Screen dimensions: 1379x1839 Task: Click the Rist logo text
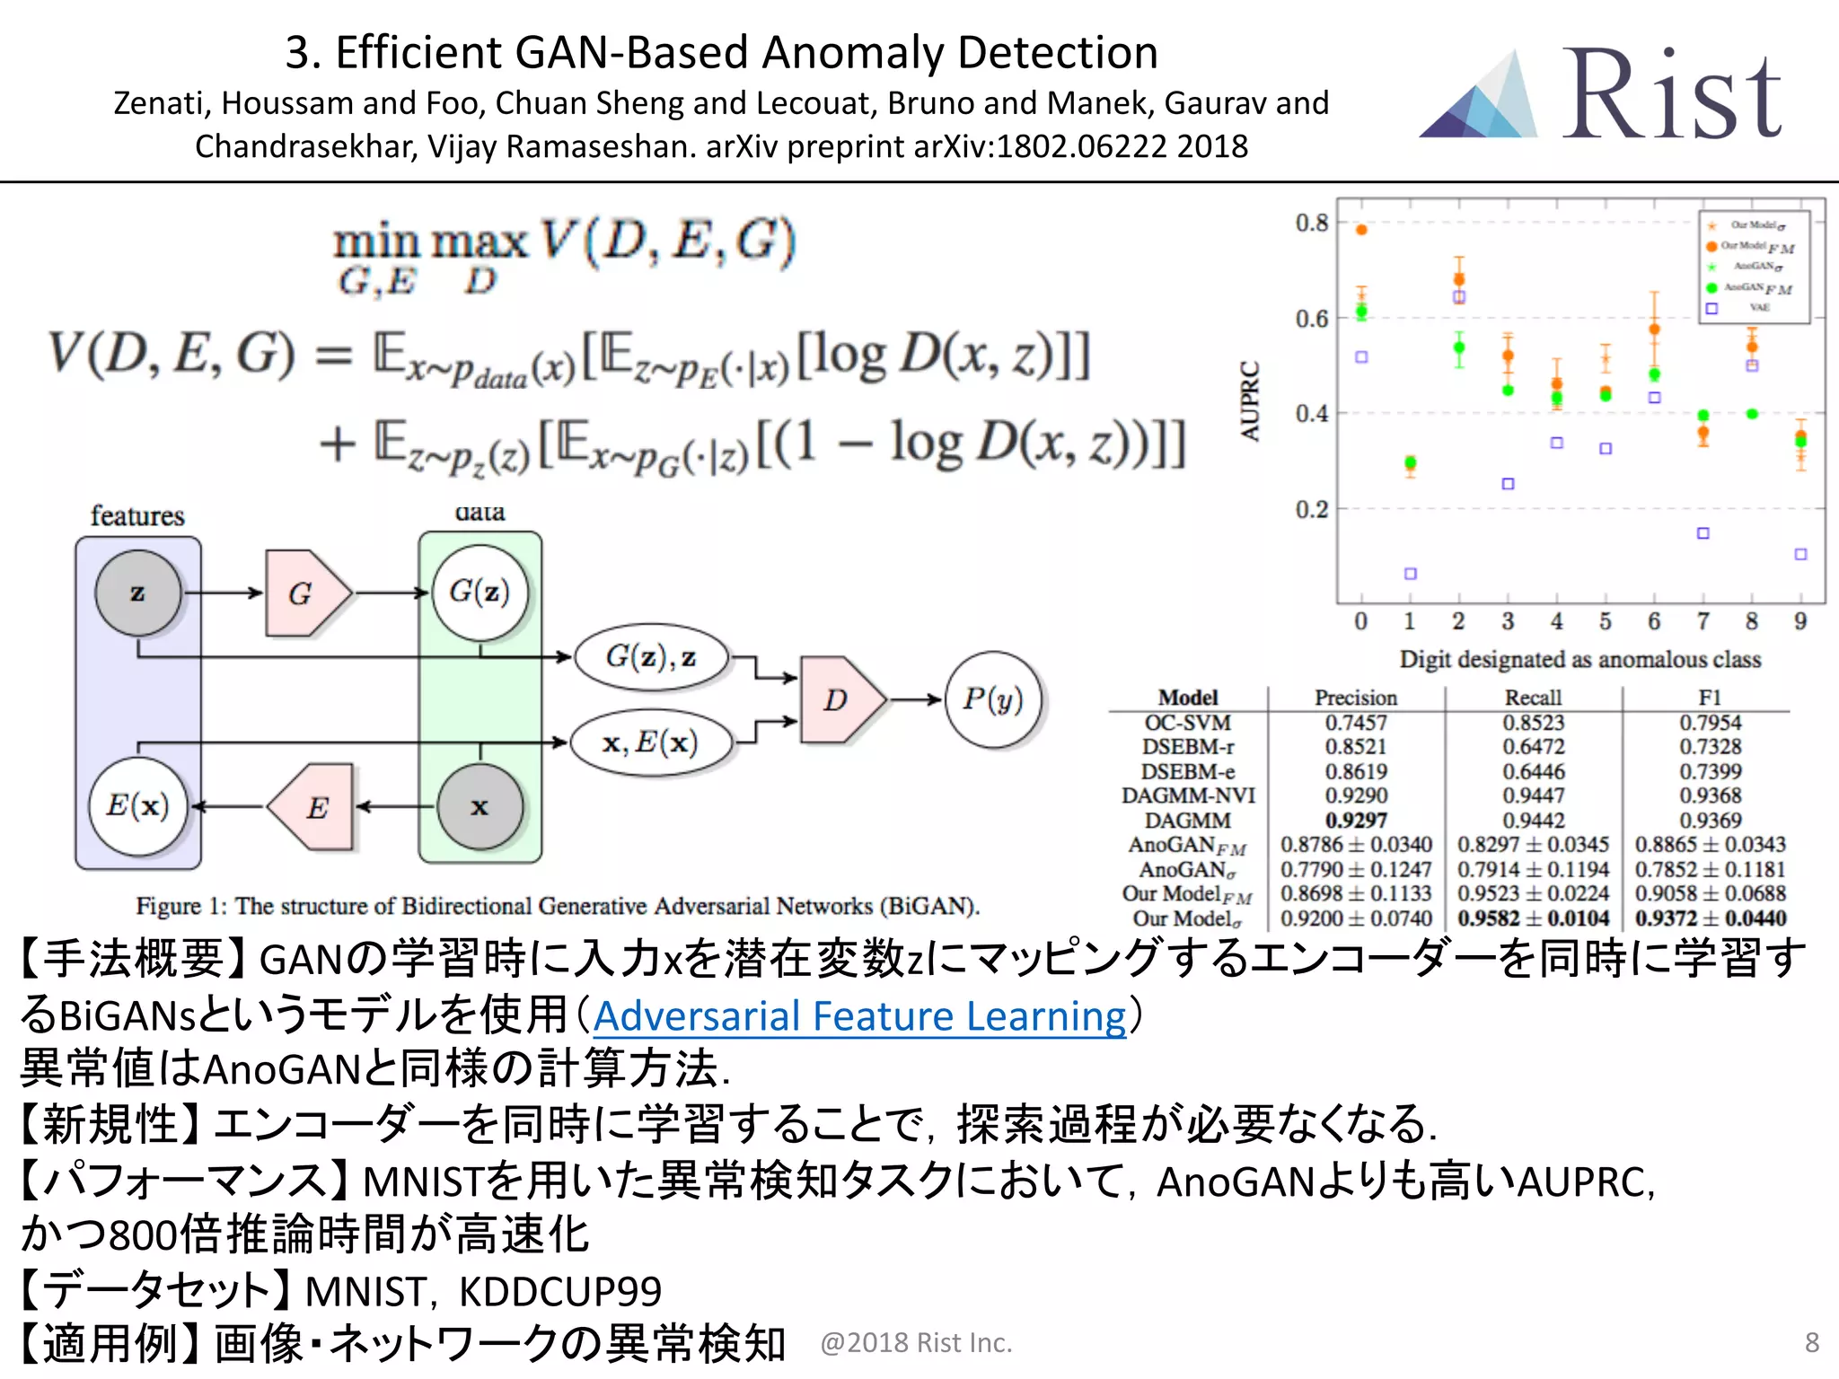(1672, 96)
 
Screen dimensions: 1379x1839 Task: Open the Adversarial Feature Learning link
(859, 1016)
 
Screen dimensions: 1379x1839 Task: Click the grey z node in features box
(137, 593)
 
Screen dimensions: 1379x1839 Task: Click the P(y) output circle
(992, 699)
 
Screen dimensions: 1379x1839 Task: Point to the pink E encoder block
(314, 807)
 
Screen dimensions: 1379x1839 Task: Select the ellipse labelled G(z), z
(650, 657)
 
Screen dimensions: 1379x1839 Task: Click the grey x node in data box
(480, 806)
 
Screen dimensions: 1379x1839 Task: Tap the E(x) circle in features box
(137, 805)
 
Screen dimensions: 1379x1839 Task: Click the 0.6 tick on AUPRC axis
(1311, 319)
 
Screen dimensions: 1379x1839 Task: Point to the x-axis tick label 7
(1703, 621)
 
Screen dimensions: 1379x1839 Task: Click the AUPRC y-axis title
(1249, 400)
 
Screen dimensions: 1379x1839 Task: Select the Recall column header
(1533, 698)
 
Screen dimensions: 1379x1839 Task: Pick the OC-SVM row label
(1187, 723)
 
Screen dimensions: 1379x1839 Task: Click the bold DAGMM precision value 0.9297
(1356, 821)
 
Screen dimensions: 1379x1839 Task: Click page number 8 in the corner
(1811, 1342)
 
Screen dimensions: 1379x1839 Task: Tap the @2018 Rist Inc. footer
(916, 1342)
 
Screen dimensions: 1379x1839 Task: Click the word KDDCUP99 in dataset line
(559, 1292)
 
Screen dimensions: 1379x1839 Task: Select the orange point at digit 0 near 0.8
(1361, 230)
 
